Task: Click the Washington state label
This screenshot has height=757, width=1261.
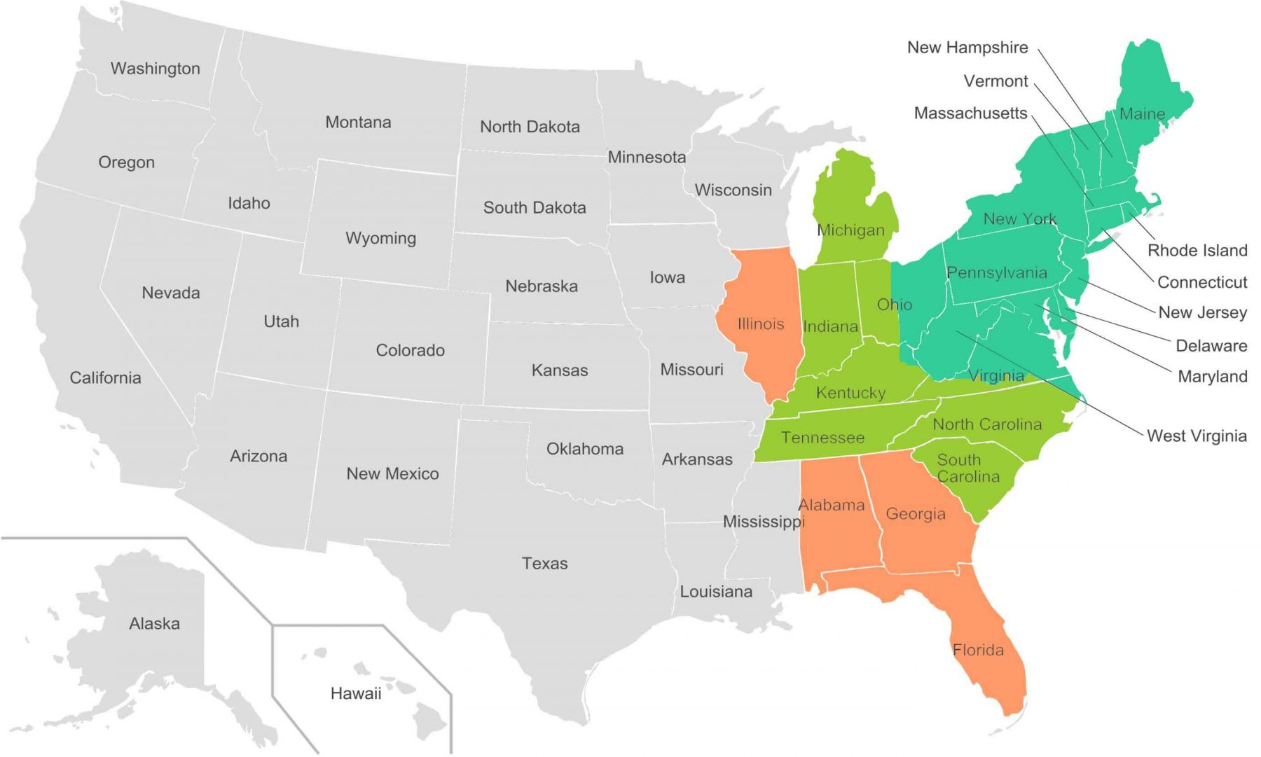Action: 155,69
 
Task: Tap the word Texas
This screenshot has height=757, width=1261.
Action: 544,564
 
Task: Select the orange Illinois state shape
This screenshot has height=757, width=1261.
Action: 760,350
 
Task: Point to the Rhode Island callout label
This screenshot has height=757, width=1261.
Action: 1197,251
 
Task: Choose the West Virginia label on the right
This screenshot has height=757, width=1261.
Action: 1196,436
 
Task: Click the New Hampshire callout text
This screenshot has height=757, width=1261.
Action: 967,48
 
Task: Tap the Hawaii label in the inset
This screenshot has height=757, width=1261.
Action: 356,694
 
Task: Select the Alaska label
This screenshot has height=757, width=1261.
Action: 154,624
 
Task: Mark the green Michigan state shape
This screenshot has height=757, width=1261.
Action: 851,210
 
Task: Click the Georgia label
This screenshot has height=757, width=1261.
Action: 915,514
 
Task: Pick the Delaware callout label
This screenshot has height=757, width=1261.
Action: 1211,346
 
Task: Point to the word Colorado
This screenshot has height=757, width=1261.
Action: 410,350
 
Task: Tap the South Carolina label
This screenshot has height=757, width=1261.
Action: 967,468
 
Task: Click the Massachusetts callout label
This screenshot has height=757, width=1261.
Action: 970,113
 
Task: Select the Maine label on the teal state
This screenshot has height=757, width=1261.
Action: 1142,114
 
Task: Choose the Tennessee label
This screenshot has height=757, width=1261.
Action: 822,438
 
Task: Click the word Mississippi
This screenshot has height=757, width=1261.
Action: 763,522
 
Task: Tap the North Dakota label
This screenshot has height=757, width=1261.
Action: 530,127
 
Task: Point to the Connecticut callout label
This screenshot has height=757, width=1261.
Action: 1201,282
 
